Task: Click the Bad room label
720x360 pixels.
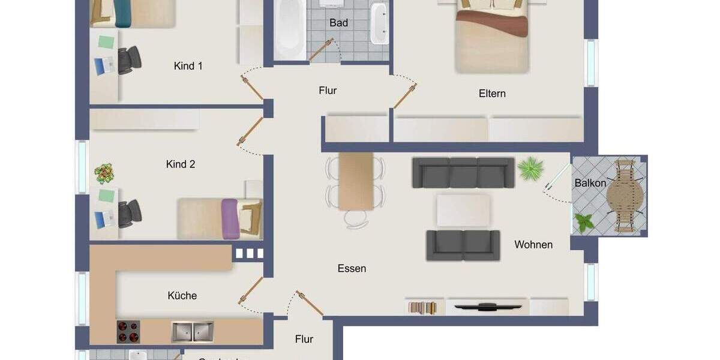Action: click(338, 23)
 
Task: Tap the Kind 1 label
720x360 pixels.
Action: click(188, 66)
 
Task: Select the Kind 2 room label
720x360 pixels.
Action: click(181, 164)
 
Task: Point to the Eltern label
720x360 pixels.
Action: click(492, 94)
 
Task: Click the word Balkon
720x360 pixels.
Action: click(590, 183)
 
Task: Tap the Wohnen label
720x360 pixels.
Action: click(533, 244)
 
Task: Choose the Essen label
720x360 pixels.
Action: click(352, 268)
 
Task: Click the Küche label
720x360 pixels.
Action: click(182, 295)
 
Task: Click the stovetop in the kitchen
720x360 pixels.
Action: click(128, 332)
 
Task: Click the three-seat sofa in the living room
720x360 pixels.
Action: click(463, 172)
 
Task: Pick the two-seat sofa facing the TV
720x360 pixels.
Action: click(463, 245)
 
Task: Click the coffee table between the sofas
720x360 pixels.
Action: click(463, 209)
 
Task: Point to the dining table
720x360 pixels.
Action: click(356, 181)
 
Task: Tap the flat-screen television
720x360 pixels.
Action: click(487, 307)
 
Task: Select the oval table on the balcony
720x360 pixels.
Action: click(625, 196)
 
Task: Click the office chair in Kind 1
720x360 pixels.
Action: click(129, 59)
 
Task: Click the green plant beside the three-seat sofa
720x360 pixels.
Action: click(530, 169)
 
